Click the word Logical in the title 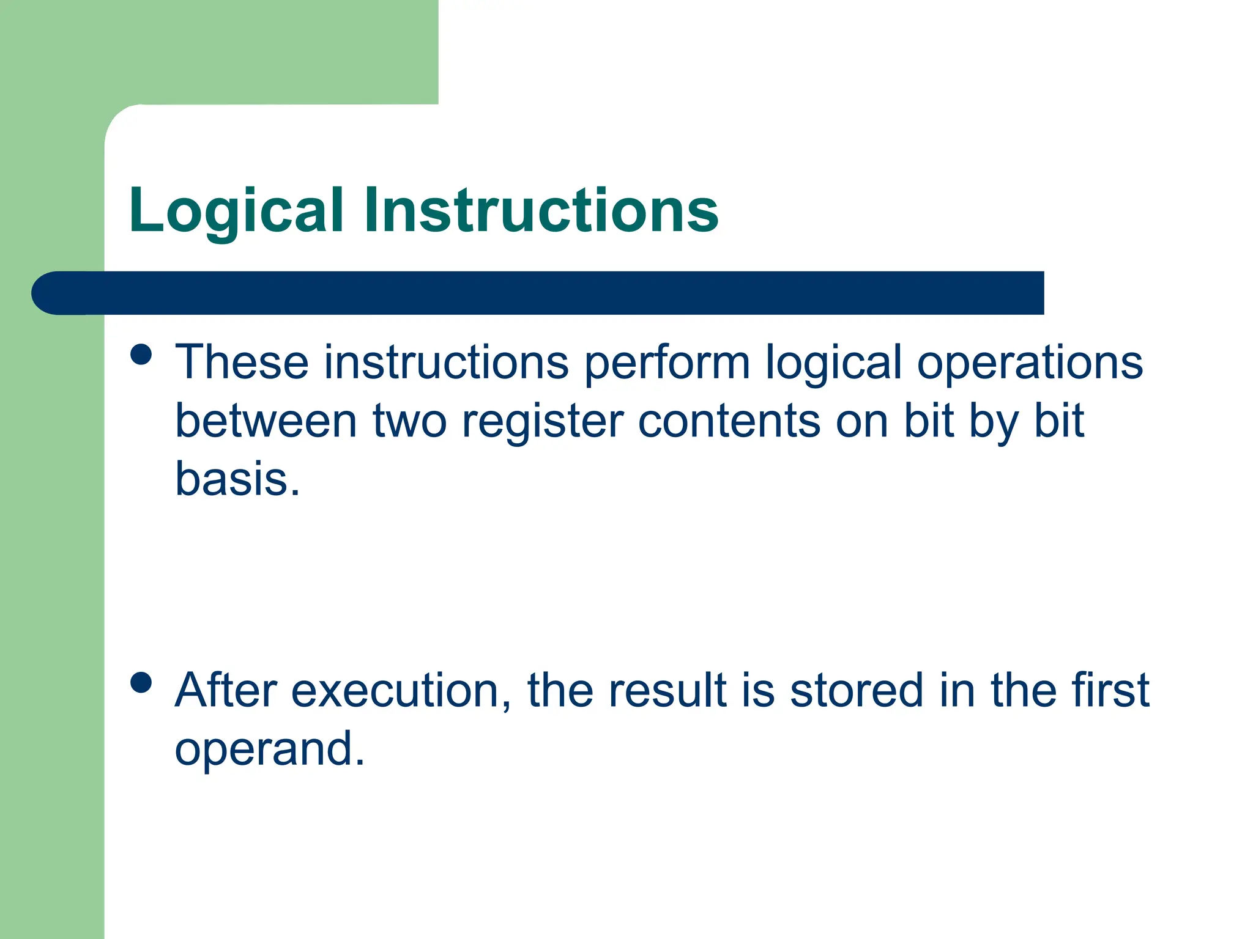236,212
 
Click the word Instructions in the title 541,210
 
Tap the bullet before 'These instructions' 141,355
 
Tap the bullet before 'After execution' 141,683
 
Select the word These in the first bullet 242,362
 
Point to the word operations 1030,363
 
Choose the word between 266,421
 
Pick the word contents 729,421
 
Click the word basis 237,479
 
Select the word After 226,690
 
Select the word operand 269,749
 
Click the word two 409,421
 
